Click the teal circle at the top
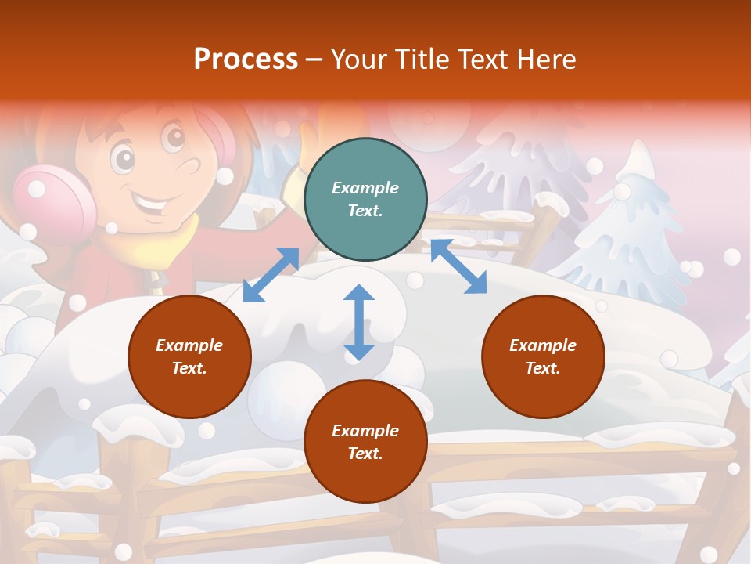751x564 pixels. pyautogui.click(x=365, y=200)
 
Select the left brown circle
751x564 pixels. pyautogui.click(x=189, y=356)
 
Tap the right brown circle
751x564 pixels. pyautogui.click(x=543, y=356)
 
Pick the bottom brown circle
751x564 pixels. pyautogui.click(x=365, y=442)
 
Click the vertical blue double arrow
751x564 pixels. pyautogui.click(x=359, y=322)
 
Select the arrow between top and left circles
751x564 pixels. pyautogui.click(x=271, y=275)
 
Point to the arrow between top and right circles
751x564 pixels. pyautogui.click(x=458, y=267)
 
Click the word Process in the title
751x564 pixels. pyautogui.click(x=246, y=59)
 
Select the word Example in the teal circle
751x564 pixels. pyautogui.click(x=365, y=188)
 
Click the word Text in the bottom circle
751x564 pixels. pyautogui.click(x=365, y=454)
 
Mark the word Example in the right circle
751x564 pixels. pyautogui.click(x=543, y=345)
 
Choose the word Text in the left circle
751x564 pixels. pyautogui.click(x=189, y=368)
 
